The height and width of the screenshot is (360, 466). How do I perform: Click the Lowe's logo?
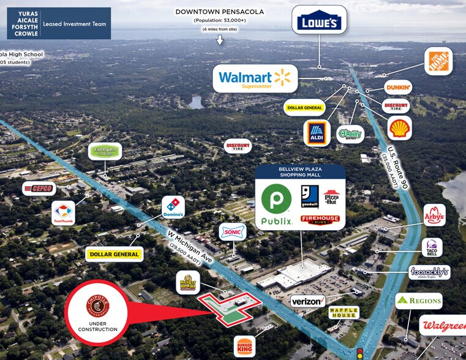pyautogui.click(x=318, y=23)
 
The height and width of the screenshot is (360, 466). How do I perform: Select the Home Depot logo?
pyautogui.click(x=438, y=62)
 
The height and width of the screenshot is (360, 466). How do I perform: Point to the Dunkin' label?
pyautogui.click(x=397, y=88)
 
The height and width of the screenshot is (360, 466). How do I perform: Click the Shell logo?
pyautogui.click(x=400, y=127)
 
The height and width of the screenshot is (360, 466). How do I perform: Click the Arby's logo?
pyautogui.click(x=434, y=215)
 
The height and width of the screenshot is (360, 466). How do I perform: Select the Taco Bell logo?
pyautogui.click(x=432, y=247)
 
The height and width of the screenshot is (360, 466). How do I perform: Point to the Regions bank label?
pyautogui.click(x=418, y=301)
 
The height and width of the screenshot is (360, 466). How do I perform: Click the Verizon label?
pyautogui.click(x=307, y=301)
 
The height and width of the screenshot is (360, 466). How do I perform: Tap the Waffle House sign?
pyautogui.click(x=342, y=312)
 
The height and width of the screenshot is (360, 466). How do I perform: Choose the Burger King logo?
pyautogui.click(x=244, y=346)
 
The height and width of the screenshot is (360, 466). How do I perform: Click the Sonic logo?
pyautogui.click(x=233, y=232)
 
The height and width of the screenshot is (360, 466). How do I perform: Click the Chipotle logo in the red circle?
pyautogui.click(x=97, y=305)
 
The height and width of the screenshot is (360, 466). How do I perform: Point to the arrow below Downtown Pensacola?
pyautogui.click(x=220, y=40)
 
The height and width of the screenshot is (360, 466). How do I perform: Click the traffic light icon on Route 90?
pyautogui.click(x=359, y=353)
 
